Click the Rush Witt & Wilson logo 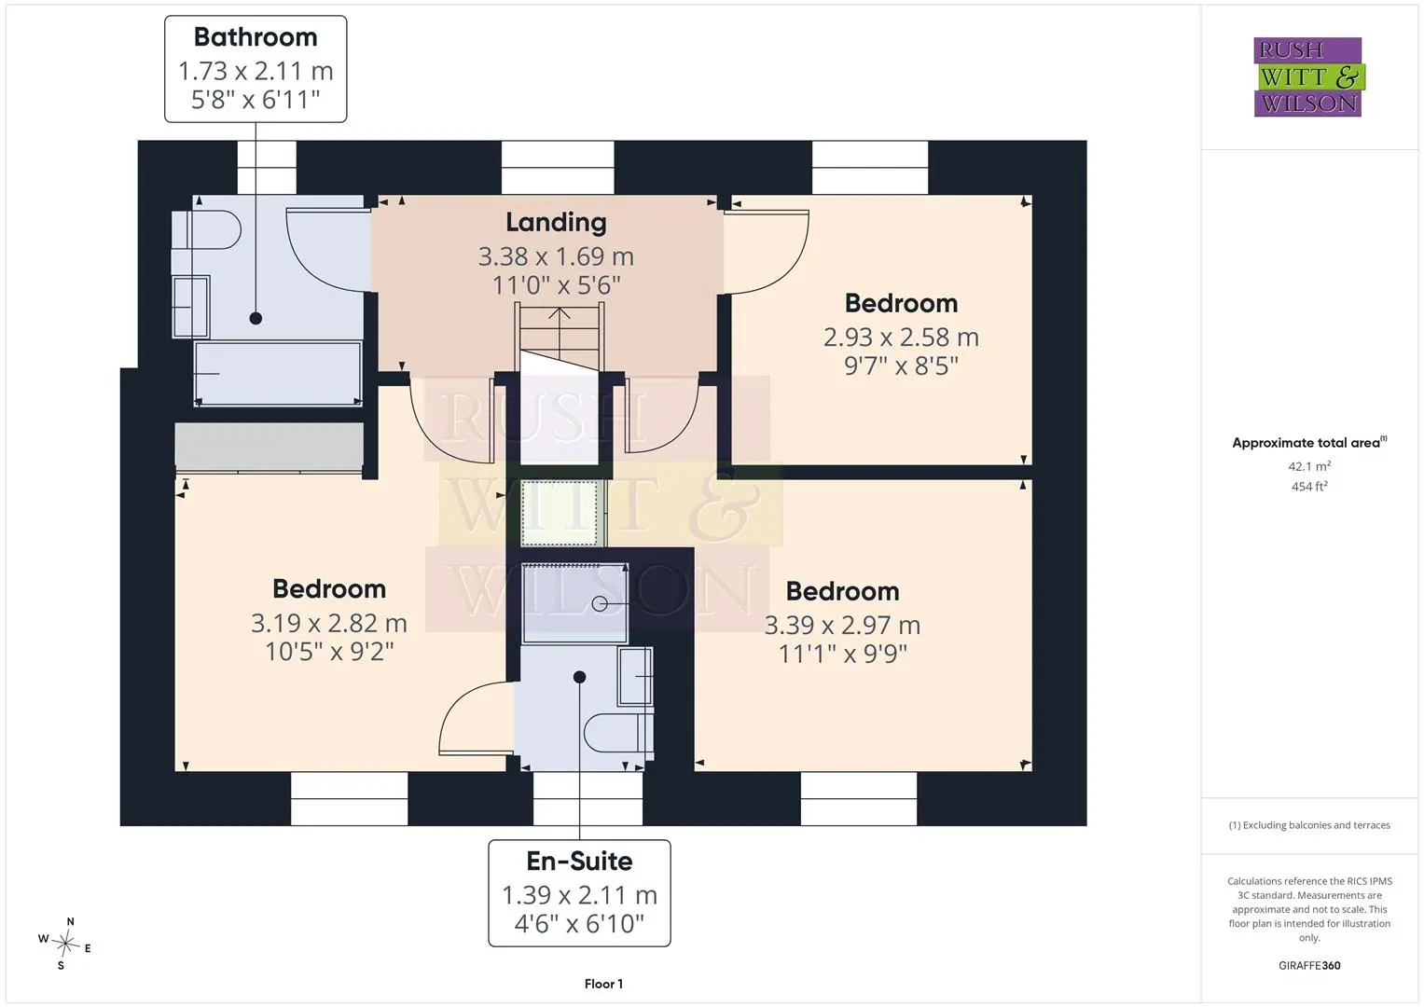point(1308,76)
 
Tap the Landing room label point(556,223)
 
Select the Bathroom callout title point(256,37)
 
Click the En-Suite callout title point(579,862)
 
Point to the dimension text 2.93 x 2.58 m point(901,338)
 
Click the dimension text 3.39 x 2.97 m point(842,626)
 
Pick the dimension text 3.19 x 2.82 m point(328,623)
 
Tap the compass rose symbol point(65,944)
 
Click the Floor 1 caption point(603,984)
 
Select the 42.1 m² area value point(1309,466)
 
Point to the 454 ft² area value point(1309,487)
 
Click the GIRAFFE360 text point(1309,966)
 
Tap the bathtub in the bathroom point(278,373)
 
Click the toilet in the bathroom point(207,229)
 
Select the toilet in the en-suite point(618,733)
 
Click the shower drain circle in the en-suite point(599,604)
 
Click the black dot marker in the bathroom point(256,319)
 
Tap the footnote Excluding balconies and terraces point(1309,825)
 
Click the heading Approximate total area point(1306,443)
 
